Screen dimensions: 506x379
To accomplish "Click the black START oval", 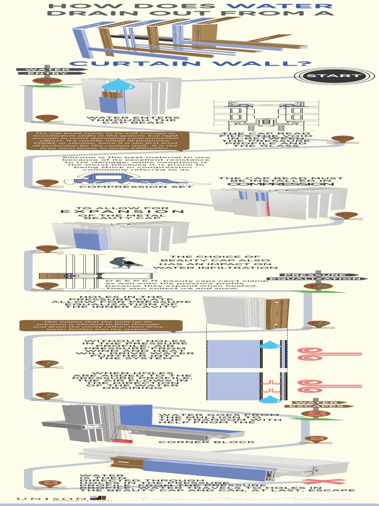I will pos(334,76).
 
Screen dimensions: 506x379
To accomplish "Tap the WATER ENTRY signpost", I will pos(45,72).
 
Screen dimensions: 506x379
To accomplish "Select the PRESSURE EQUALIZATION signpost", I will pos(324,277).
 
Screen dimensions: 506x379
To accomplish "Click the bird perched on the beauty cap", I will pos(121,262).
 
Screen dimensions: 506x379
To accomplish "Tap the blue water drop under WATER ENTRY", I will pos(118,85).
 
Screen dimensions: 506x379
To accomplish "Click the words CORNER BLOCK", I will pos(207,442).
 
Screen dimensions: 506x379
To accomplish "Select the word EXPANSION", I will pos(122,211).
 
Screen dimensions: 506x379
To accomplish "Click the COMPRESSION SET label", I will pos(136,187).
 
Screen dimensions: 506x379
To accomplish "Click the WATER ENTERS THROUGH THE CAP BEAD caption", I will pos(133,121).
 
